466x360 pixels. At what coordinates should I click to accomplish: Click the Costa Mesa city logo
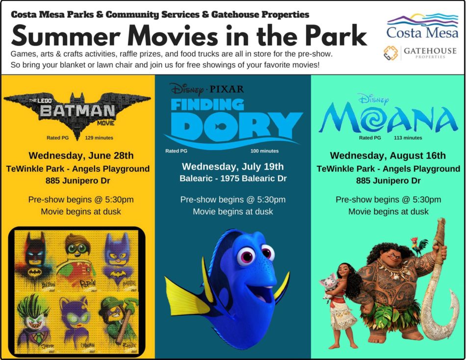coord(422,26)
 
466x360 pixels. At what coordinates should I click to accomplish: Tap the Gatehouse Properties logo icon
coord(390,53)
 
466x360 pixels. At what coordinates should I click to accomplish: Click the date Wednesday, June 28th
coord(81,155)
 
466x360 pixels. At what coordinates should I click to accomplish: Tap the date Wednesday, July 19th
coord(233,166)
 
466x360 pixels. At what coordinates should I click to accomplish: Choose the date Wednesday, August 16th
coord(388,155)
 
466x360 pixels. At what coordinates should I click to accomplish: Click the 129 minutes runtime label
coord(99,138)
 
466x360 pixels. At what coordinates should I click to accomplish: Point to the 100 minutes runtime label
coord(264,151)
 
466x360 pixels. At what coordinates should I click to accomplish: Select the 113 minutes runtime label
coord(408,138)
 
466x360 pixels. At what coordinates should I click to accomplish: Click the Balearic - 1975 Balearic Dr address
coord(233,179)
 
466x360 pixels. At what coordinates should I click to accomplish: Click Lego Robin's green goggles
coord(78,249)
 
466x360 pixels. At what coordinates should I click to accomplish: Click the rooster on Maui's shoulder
coord(419,246)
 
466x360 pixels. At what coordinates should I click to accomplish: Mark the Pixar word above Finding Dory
coord(227,89)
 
